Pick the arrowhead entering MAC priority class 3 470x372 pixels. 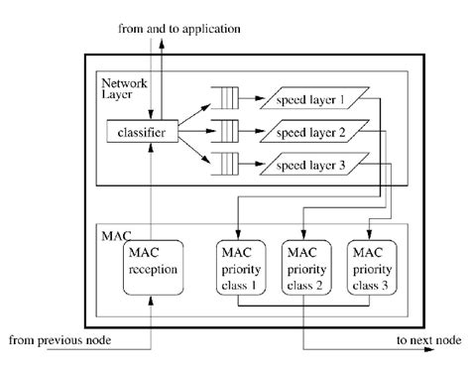click(370, 235)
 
